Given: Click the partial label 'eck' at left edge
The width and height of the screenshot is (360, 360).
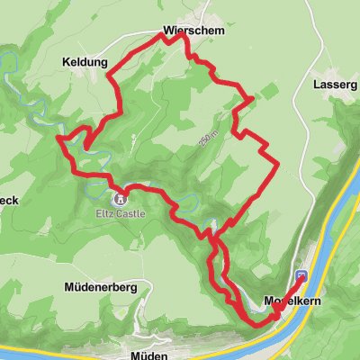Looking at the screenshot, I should pyautogui.click(x=9, y=200).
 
